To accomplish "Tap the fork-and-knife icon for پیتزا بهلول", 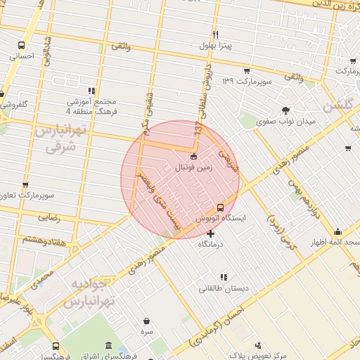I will [x=215, y=34].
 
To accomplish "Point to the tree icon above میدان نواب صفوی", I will [x=285, y=110].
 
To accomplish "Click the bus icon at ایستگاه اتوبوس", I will [x=220, y=207].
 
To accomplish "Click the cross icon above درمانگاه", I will [x=210, y=233].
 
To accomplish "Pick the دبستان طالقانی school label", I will [x=221, y=288].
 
